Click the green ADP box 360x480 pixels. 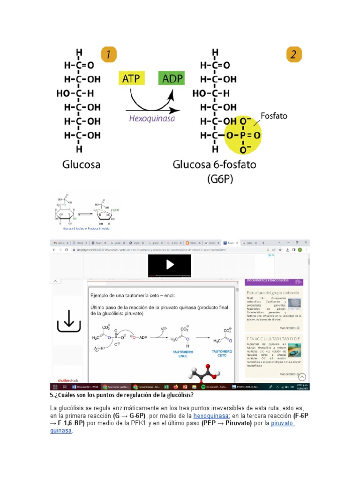coord(171,78)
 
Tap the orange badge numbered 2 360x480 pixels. coord(293,55)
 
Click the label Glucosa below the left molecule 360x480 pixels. coord(82,165)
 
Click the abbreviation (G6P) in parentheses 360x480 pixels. coord(220,179)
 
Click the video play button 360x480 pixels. coord(169,265)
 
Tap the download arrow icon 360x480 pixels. coord(68,321)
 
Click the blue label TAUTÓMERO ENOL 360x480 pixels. coord(182,354)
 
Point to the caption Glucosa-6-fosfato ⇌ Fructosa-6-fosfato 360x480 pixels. coord(86,228)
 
